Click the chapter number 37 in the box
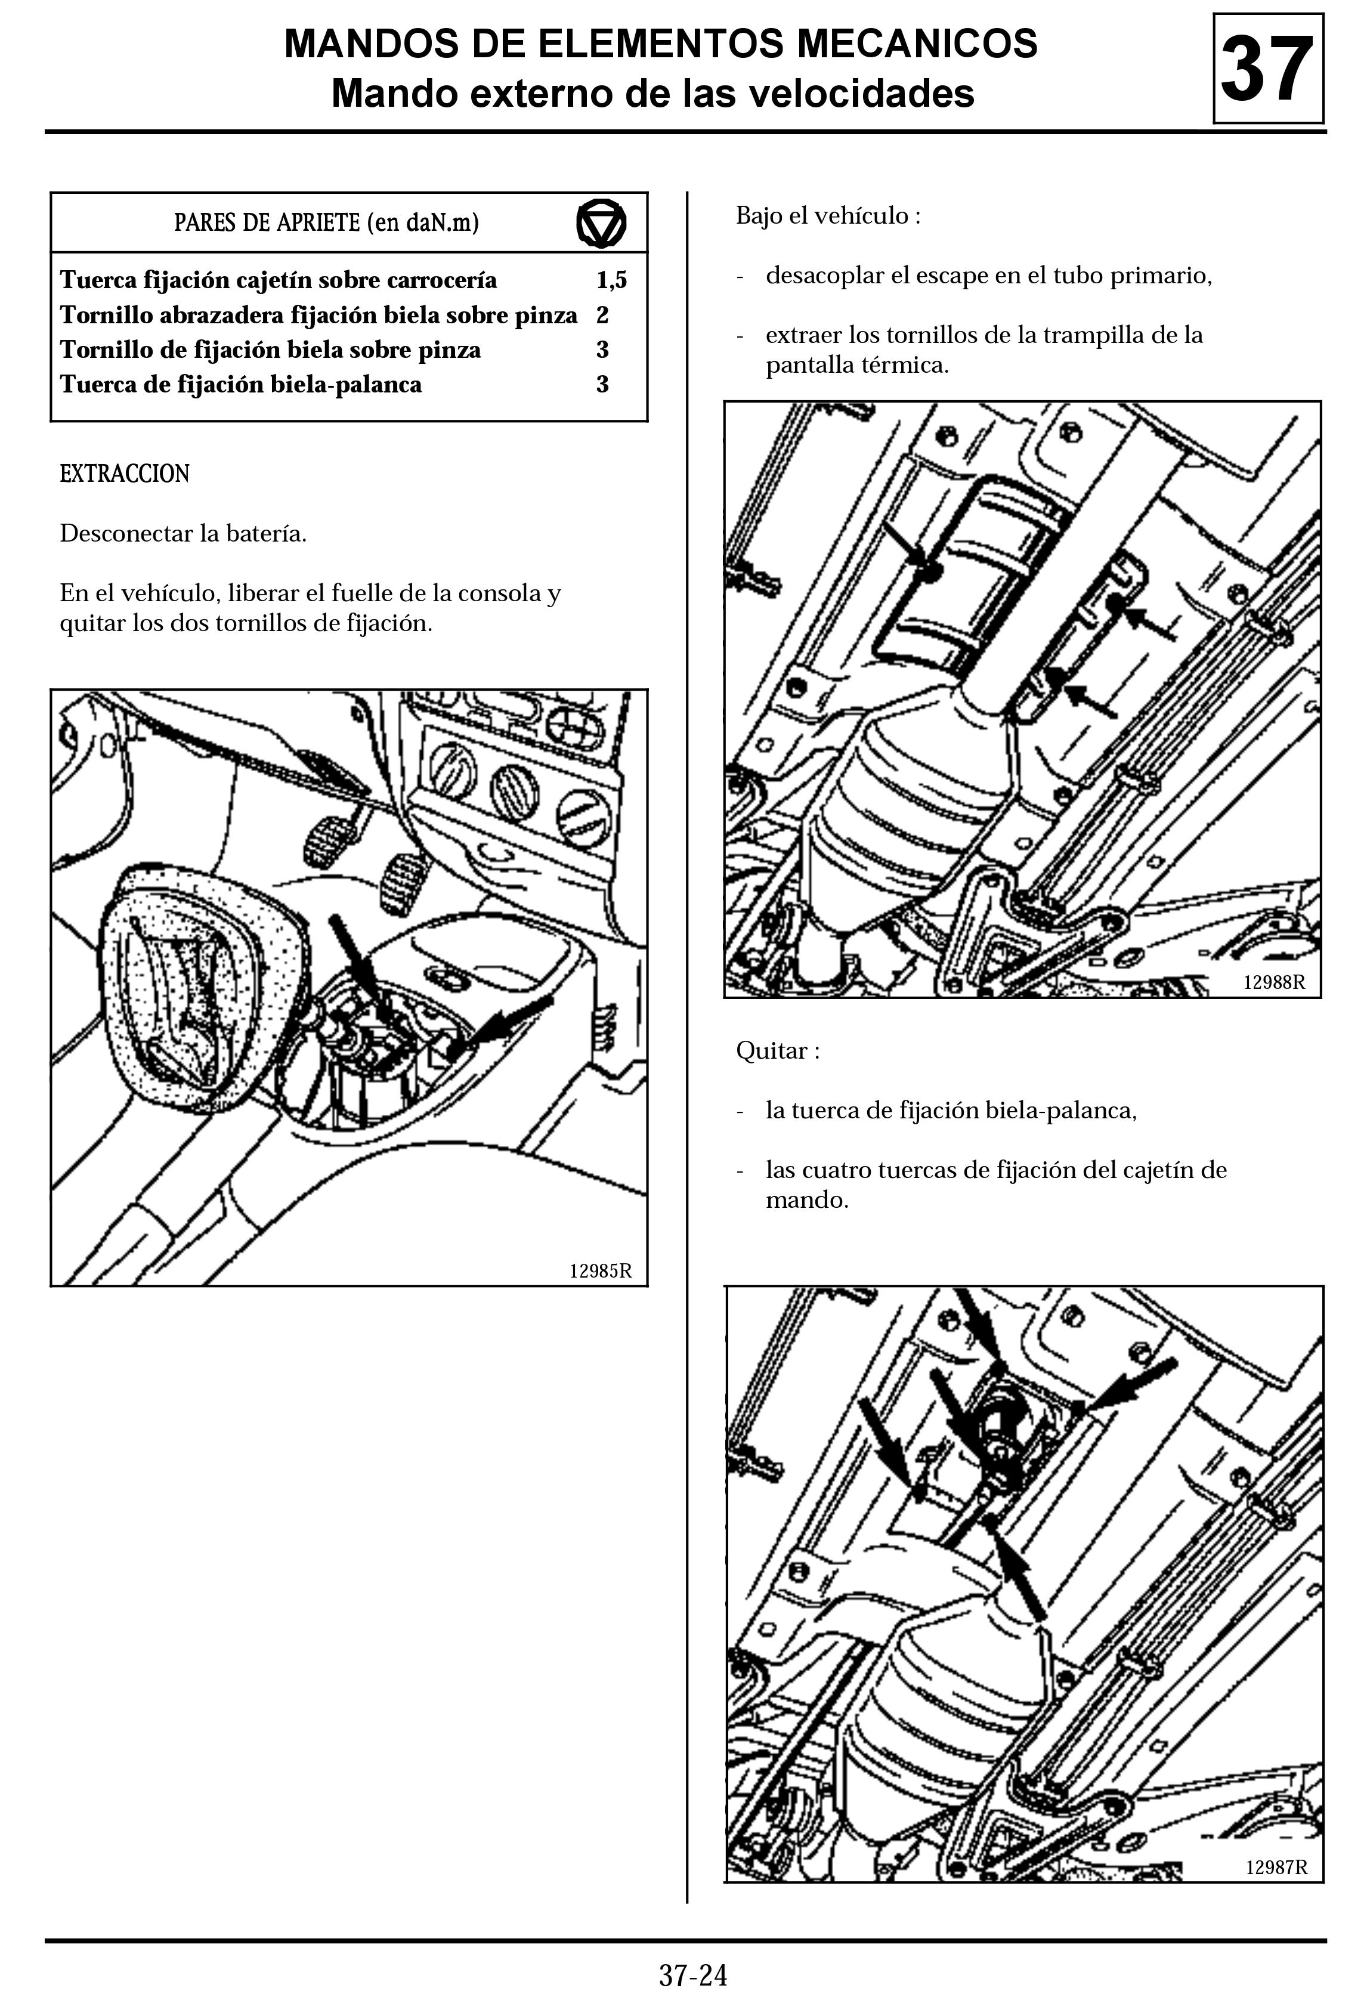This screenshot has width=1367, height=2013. pyautogui.click(x=1267, y=69)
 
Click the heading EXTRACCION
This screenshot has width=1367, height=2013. pyautogui.click(x=124, y=474)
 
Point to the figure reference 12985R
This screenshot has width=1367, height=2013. pyautogui.click(x=601, y=1270)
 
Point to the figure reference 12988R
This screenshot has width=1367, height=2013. pyautogui.click(x=1273, y=982)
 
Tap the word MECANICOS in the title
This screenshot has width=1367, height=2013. pyautogui.click(x=917, y=44)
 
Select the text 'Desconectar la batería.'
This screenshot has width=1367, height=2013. pyautogui.click(x=183, y=534)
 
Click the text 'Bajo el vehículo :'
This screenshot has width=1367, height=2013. pyautogui.click(x=827, y=216)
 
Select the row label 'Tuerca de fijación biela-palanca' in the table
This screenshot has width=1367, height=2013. pyautogui.click(x=241, y=385)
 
